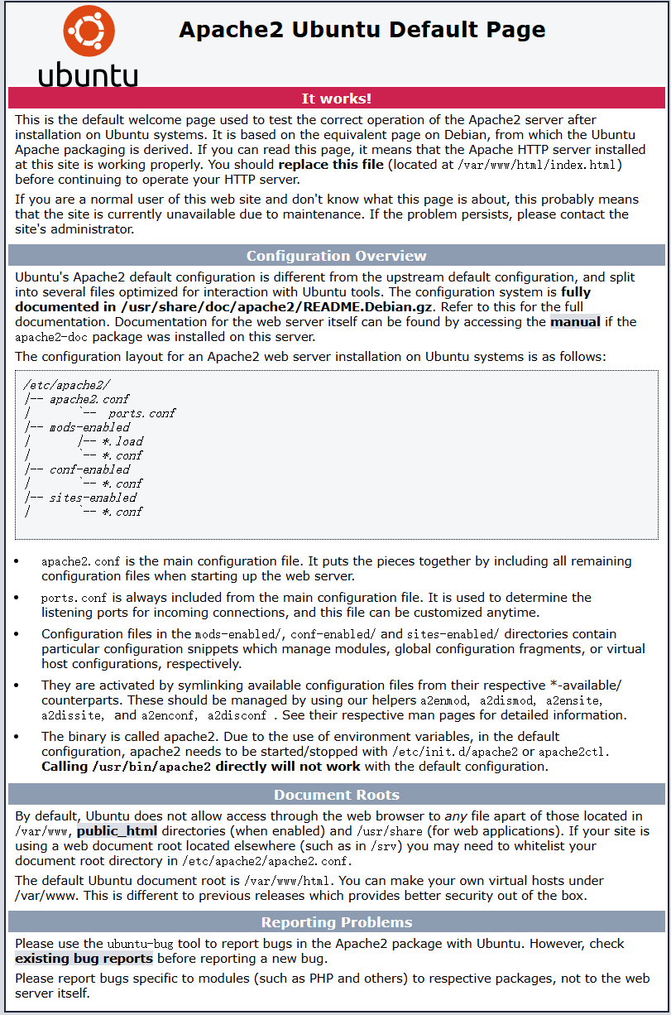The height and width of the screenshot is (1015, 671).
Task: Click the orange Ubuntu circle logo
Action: point(89,31)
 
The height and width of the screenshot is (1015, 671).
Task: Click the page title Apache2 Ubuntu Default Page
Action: point(362,30)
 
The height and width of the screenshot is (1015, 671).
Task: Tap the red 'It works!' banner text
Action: point(336,99)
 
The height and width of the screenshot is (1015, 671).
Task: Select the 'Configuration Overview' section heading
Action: point(336,256)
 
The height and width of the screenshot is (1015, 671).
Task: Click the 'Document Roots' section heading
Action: point(336,796)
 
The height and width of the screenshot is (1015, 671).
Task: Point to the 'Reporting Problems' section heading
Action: point(336,922)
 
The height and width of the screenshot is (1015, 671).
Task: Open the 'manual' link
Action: point(575,321)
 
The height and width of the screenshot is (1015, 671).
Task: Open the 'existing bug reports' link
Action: point(84,958)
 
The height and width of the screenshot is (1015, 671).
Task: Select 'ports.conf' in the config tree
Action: point(141,413)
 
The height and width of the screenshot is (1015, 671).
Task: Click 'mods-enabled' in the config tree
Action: point(89,427)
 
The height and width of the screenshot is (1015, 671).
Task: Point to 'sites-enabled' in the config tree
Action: point(93,498)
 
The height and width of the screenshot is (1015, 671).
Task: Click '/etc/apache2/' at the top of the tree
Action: point(67,385)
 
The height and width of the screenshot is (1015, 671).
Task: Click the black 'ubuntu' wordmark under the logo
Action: point(88,75)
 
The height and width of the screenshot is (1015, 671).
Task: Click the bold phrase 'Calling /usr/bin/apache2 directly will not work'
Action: point(201,766)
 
